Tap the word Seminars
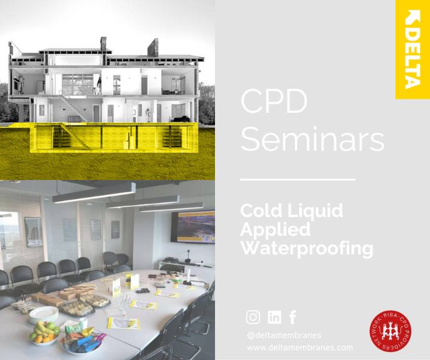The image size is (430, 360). point(312,139)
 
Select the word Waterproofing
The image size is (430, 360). point(306,248)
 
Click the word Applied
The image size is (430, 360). point(276,229)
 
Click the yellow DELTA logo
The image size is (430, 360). point(412,49)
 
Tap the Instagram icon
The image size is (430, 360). point(254,317)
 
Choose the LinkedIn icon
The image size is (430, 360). point(274,317)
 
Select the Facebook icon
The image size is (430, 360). point(292,317)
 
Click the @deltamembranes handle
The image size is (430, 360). point(283,335)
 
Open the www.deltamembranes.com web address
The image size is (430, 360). point(300,347)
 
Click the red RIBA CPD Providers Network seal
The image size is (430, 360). point(390,331)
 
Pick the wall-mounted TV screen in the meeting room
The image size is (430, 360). point(192,227)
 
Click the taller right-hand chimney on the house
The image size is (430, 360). point(153,47)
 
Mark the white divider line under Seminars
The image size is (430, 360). point(297,179)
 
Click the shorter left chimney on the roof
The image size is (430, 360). point(103,44)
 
